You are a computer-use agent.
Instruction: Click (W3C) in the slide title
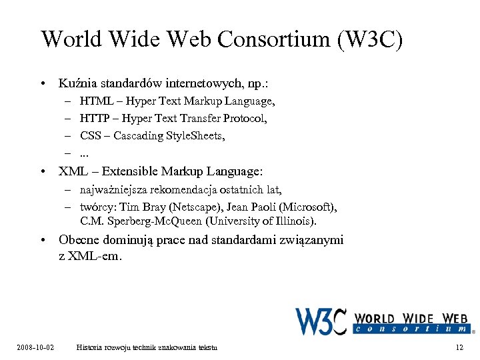[x=371, y=39]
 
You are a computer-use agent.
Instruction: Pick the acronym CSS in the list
[x=91, y=135]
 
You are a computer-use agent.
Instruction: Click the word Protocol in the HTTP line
[x=246, y=119]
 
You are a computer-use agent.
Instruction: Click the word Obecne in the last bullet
[x=79, y=240]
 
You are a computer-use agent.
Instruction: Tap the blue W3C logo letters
[x=321, y=319]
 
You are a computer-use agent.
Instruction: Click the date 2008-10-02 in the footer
[x=35, y=347]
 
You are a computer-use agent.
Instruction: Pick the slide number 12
[x=459, y=347]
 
